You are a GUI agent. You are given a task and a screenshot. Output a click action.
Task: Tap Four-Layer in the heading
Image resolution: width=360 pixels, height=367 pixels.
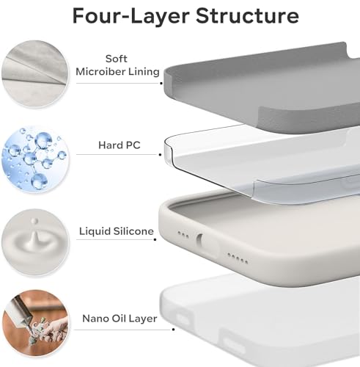(118, 16)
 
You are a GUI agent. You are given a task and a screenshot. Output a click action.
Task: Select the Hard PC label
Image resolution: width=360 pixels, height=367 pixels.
(118, 145)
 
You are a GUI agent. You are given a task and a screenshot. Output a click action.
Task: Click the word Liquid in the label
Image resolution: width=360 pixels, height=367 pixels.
(96, 231)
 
